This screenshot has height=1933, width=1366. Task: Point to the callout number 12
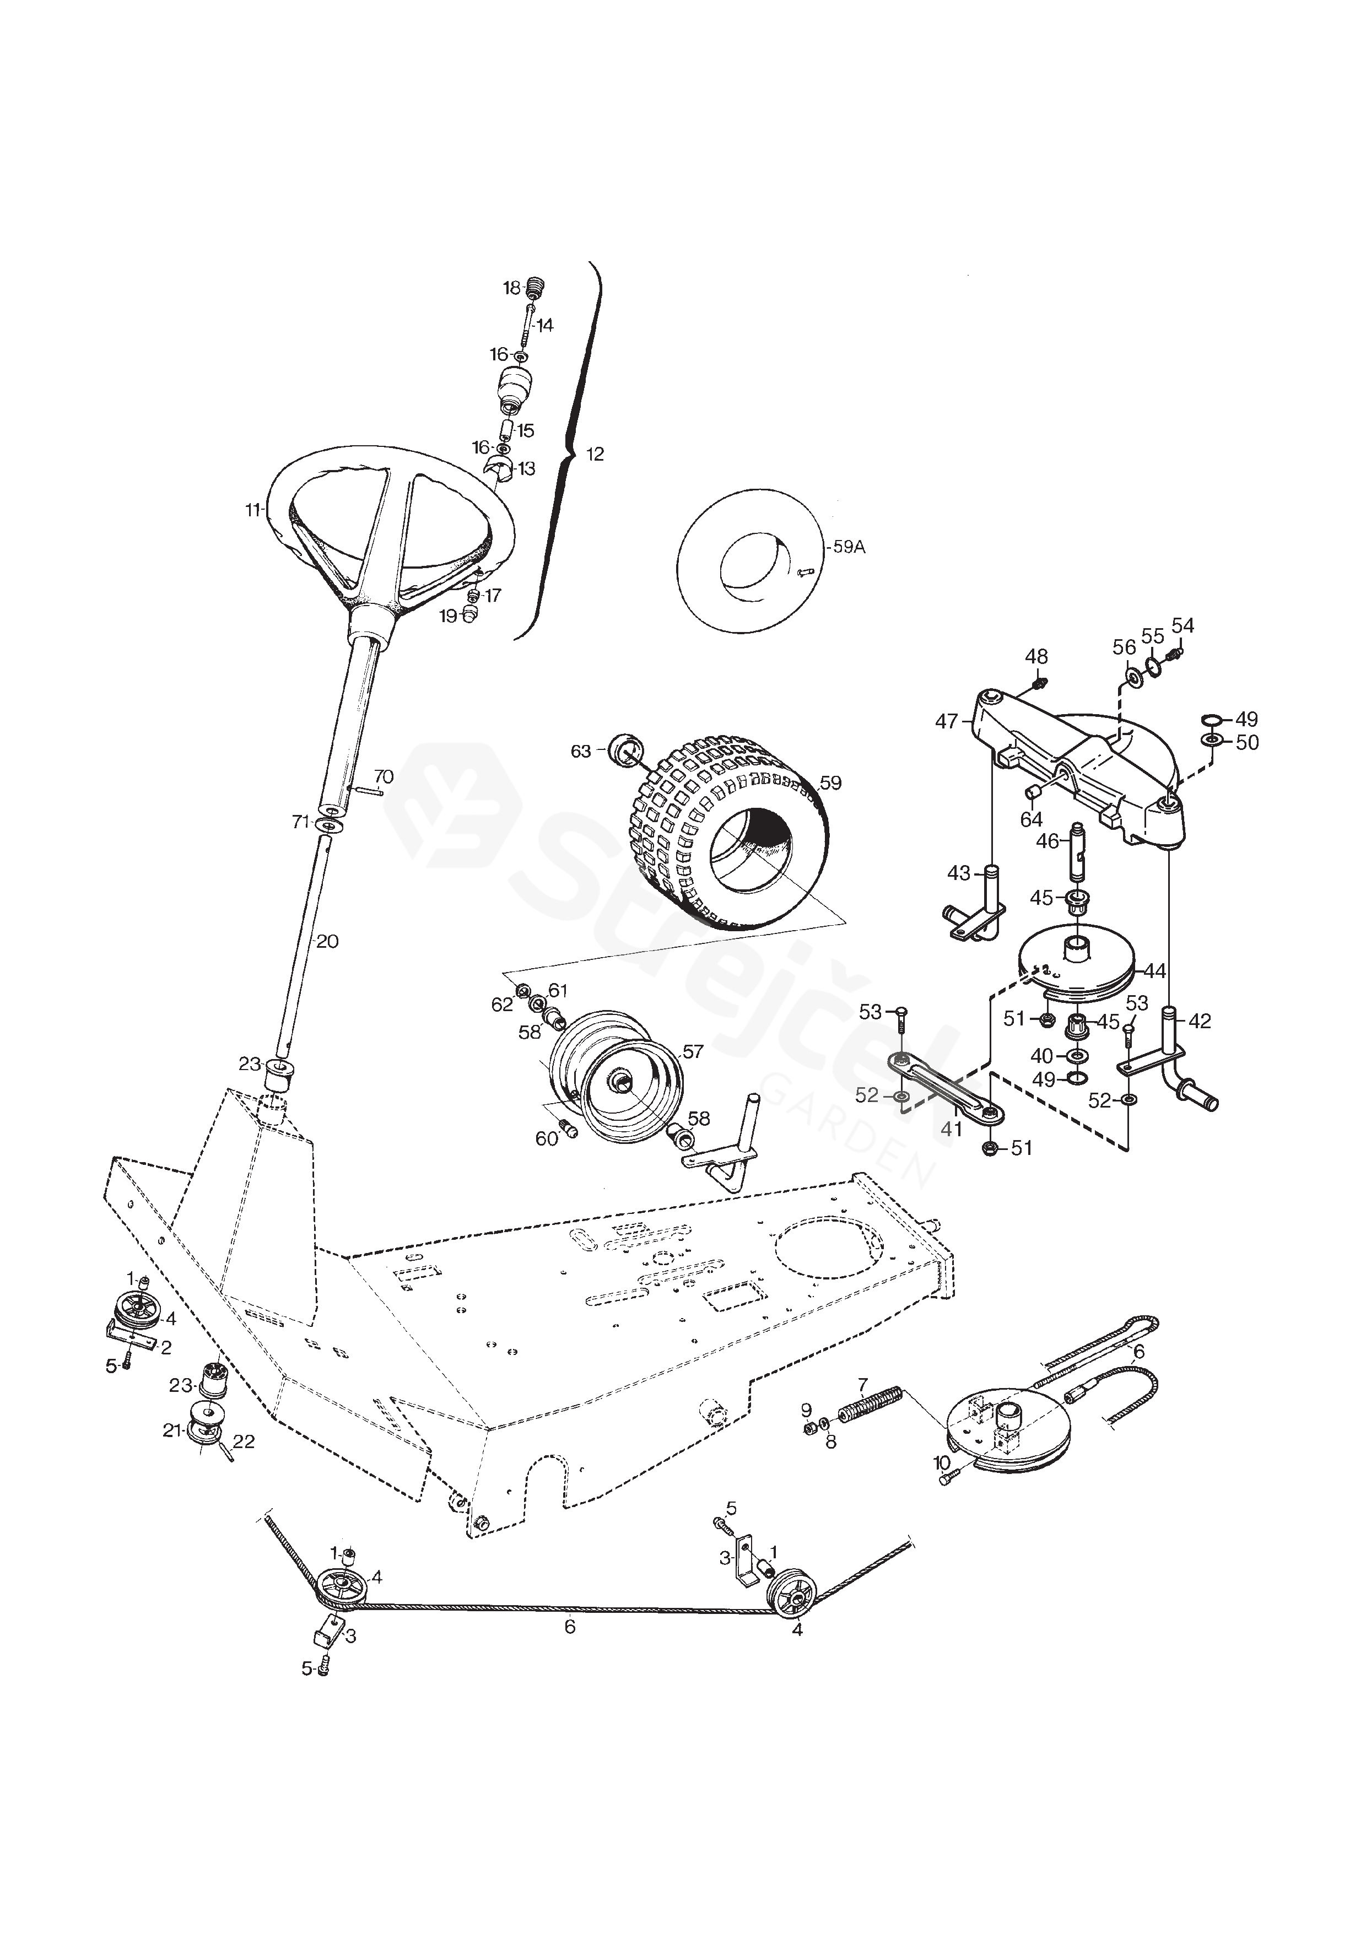[x=595, y=455]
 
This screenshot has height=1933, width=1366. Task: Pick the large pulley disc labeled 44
[x=1077, y=968]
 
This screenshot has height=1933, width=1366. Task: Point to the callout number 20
[x=327, y=941]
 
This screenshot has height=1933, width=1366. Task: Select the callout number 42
[x=1200, y=1021]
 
